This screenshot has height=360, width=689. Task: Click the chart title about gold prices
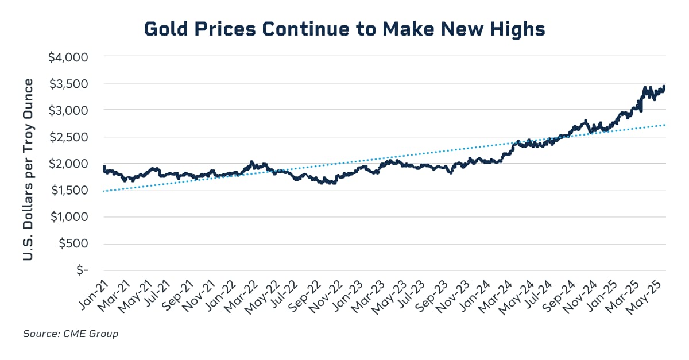tap(344, 29)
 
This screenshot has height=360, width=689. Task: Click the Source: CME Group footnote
tap(71, 334)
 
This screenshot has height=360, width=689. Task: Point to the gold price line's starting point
tap(104, 167)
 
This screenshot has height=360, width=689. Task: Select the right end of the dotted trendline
tap(665, 125)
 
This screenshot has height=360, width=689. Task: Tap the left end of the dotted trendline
tap(104, 191)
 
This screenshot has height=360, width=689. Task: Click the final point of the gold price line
tap(664, 86)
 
